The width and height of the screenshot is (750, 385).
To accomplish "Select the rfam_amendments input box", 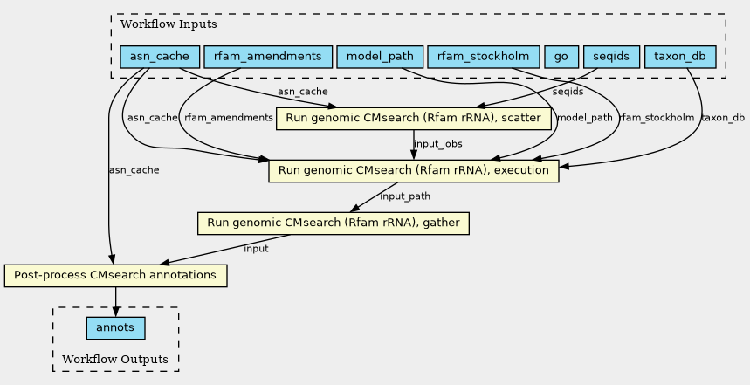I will click(268, 58).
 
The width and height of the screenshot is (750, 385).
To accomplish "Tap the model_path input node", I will click(380, 58).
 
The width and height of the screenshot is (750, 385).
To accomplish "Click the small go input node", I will click(561, 58).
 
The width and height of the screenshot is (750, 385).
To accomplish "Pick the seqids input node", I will click(610, 58).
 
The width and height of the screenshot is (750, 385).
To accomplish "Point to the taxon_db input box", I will click(680, 58).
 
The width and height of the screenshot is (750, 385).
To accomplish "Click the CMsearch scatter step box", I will click(413, 119).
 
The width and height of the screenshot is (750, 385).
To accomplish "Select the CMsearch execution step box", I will click(413, 171).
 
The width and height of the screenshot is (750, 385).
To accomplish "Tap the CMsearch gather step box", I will click(334, 223).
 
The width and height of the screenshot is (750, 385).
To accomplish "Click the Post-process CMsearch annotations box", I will click(115, 276).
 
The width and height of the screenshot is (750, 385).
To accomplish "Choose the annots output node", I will click(115, 328).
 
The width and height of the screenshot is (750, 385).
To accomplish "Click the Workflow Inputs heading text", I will click(156, 24).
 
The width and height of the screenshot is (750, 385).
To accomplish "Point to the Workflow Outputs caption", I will click(115, 360).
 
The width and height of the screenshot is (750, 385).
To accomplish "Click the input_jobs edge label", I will click(437, 144).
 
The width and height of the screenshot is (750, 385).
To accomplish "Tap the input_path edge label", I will click(405, 196).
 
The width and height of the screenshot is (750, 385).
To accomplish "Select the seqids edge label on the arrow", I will click(568, 92).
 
